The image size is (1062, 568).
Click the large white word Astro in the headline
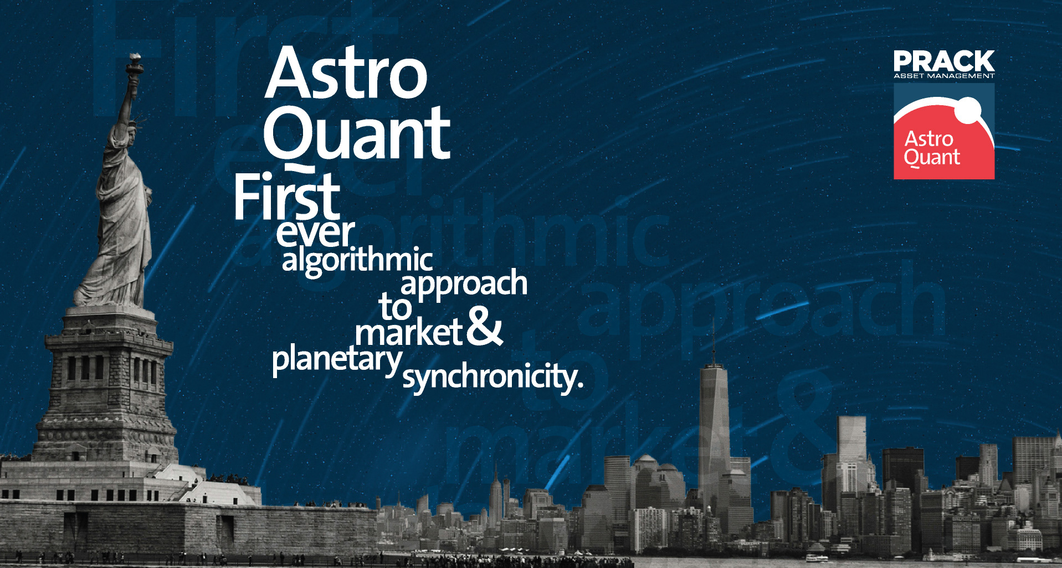[346, 73]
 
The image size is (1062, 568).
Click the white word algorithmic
[357, 260]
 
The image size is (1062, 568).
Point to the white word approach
[464, 284]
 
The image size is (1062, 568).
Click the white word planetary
[337, 361]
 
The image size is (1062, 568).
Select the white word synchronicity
[492, 378]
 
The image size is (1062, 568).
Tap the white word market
[409, 333]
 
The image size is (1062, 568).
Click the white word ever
[315, 233]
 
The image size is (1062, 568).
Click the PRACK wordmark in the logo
[944, 61]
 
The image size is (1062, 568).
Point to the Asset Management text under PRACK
[944, 76]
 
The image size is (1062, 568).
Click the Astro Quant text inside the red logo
[932, 148]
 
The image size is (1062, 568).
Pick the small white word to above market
[395, 307]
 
